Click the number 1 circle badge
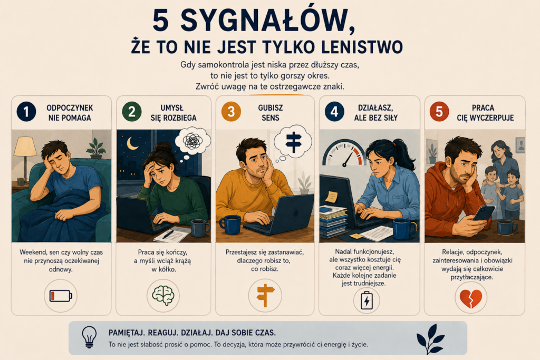(26, 112)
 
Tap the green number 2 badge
(131, 112)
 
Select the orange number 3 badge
(231, 112)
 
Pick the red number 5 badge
(439, 112)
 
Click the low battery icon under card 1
(61, 296)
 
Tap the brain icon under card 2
(163, 296)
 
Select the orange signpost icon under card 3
(265, 295)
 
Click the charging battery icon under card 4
(367, 300)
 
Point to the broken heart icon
(471, 298)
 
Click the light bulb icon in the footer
(89, 337)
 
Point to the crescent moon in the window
(132, 143)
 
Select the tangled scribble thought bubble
(193, 141)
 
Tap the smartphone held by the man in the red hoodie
(484, 213)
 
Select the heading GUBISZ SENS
(271, 113)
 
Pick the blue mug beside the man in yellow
(230, 225)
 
